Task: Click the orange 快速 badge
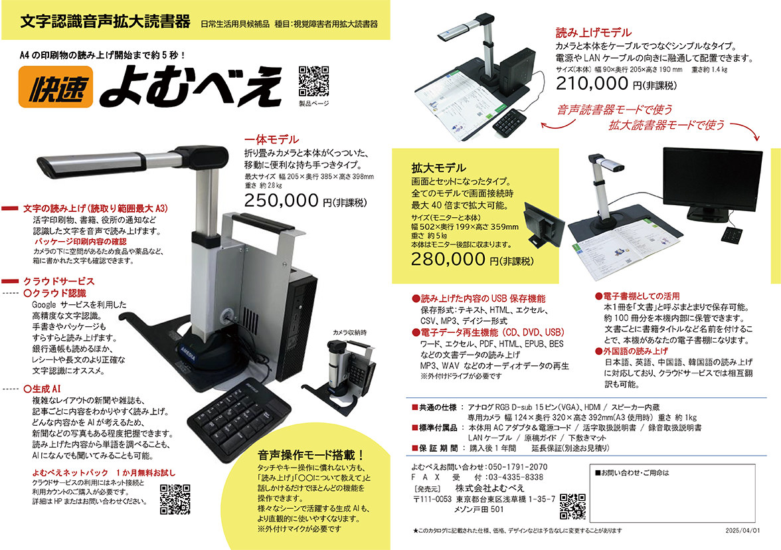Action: [x=56, y=87]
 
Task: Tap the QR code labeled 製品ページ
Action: [x=313, y=81]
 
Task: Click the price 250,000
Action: [x=282, y=201]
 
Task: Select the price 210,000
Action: [x=592, y=83]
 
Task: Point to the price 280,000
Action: [x=448, y=259]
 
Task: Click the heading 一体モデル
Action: [x=272, y=139]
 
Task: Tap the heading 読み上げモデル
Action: [x=594, y=33]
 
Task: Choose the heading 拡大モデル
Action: [x=438, y=167]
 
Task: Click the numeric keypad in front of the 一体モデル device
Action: [x=239, y=417]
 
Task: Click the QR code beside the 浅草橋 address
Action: [x=572, y=507]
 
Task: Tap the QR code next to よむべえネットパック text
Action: [x=175, y=500]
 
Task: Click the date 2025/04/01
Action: [x=742, y=531]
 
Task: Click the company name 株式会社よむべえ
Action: [x=489, y=488]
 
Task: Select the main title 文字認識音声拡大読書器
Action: [x=106, y=21]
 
